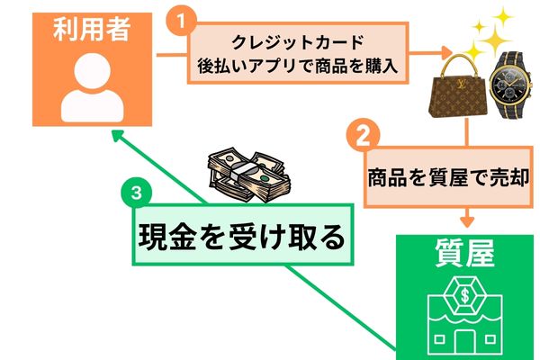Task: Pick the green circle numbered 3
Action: [135, 192]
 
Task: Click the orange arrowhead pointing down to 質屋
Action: [467, 220]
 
